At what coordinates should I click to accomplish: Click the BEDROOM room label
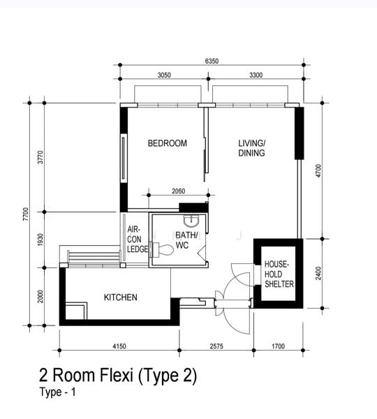click(168, 143)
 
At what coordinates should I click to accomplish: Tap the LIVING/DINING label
click(252, 148)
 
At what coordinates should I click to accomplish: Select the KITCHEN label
click(121, 297)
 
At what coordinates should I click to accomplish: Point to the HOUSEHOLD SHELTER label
click(279, 274)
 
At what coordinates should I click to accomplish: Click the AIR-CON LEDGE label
click(138, 239)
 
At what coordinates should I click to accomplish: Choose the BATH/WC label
click(187, 240)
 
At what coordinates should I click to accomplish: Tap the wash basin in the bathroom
click(191, 221)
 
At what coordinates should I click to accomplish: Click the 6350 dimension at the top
click(212, 61)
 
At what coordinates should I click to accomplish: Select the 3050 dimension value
click(164, 75)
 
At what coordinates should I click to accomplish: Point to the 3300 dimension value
click(256, 75)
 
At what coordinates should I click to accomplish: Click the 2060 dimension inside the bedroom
click(179, 191)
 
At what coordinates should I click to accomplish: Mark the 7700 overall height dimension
click(26, 214)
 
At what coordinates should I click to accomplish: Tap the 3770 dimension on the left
click(40, 157)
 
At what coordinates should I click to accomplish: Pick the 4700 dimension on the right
click(318, 171)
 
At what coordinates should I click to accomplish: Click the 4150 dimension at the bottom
click(119, 346)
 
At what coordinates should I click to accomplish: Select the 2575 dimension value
click(216, 346)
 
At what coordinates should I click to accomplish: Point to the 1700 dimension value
click(278, 346)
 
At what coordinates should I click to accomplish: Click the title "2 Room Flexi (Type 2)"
click(118, 376)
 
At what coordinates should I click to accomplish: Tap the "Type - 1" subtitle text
click(57, 392)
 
